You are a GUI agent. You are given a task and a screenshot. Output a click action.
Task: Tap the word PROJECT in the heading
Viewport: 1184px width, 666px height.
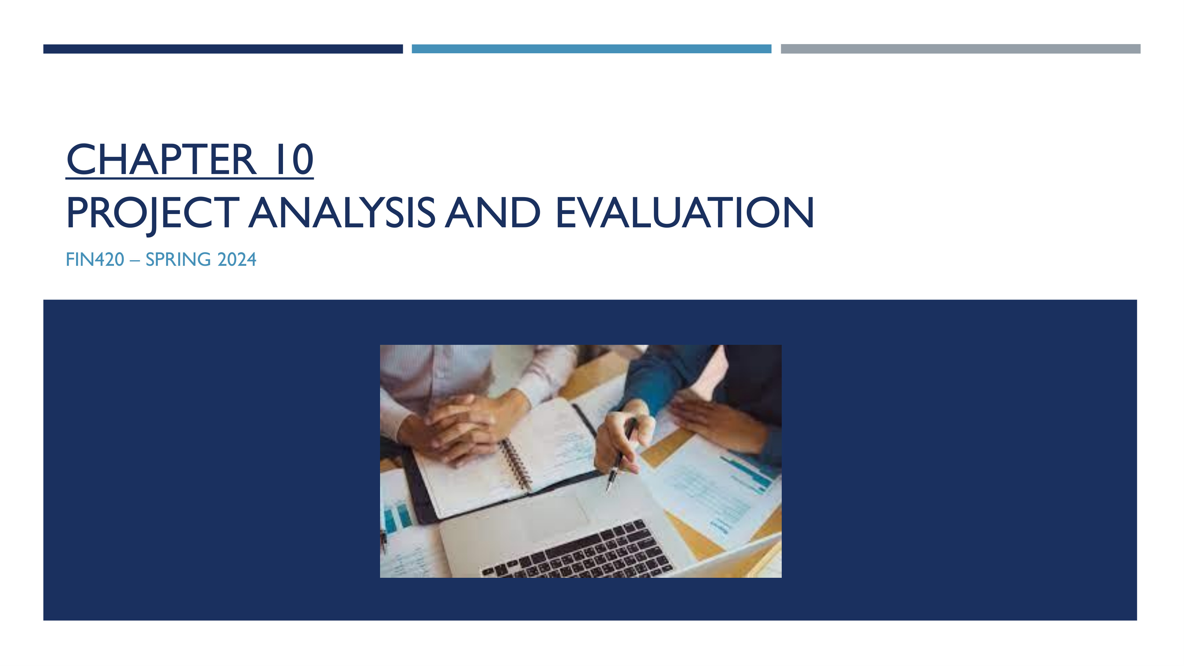click(x=153, y=213)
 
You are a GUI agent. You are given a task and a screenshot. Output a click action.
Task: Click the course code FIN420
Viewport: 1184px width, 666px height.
click(x=95, y=260)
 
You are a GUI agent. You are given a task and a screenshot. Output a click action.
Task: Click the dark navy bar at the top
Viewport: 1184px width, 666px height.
click(x=223, y=49)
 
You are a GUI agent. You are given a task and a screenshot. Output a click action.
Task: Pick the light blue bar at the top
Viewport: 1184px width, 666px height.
click(x=591, y=49)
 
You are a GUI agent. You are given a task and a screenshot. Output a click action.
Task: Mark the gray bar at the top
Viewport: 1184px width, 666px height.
click(x=961, y=49)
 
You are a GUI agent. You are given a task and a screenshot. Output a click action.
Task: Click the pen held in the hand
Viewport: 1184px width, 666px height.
click(x=620, y=455)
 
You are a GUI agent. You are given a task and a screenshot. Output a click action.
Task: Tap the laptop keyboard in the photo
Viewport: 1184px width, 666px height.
click(x=577, y=550)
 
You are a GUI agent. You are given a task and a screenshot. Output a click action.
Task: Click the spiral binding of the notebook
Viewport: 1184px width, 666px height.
click(x=517, y=464)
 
